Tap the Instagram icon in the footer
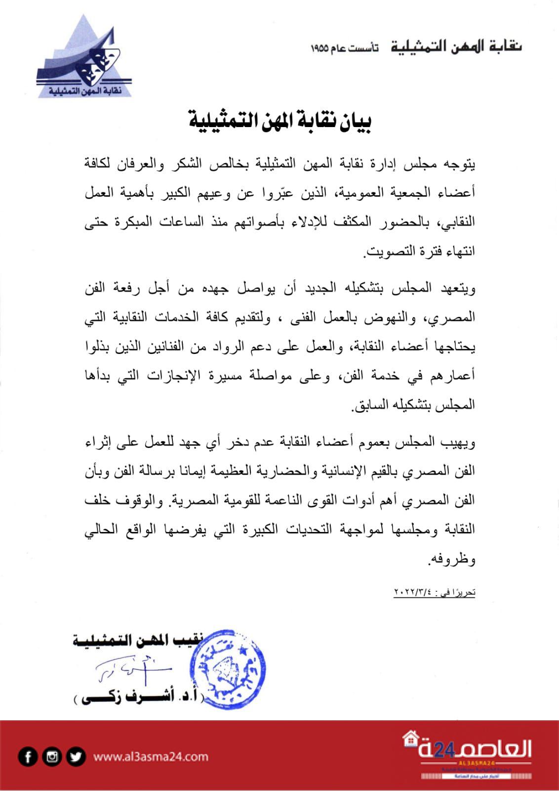point(52,757)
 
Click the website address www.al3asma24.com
point(151,757)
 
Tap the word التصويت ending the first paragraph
point(385,254)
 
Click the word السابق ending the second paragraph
point(365,406)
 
